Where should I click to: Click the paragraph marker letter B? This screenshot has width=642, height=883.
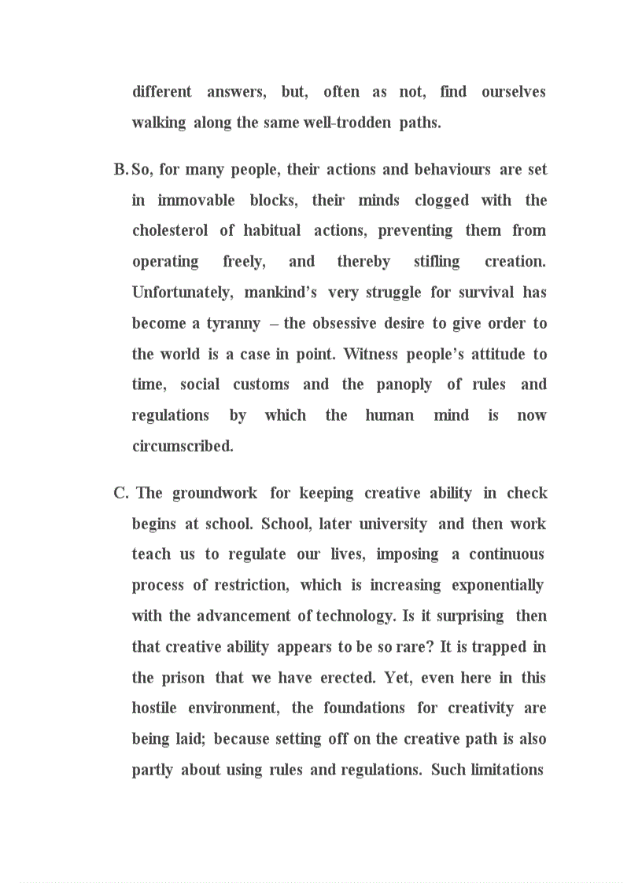click(120, 170)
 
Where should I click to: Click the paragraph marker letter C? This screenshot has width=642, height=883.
click(120, 493)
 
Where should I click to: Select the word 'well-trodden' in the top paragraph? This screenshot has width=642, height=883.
click(350, 123)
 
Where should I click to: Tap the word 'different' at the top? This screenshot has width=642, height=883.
click(161, 92)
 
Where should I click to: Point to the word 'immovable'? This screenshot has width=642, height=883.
click(196, 201)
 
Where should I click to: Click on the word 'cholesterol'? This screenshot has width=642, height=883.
click(170, 231)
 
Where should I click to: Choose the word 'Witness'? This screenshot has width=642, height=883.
click(371, 354)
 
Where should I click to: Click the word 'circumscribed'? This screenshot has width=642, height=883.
click(183, 447)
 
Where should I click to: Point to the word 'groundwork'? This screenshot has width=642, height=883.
click(215, 493)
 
